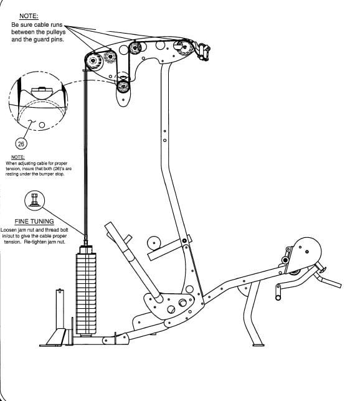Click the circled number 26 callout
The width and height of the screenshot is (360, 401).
(21, 143)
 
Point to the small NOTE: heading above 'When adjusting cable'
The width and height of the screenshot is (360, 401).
(19, 158)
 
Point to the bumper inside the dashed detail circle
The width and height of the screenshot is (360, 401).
(40, 90)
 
